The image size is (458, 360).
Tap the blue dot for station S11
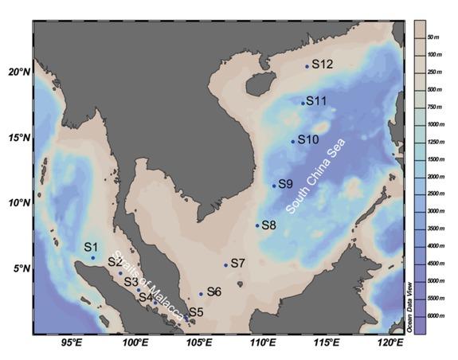[x=303, y=103]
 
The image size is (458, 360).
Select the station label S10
[x=308, y=139]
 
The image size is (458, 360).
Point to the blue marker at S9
[x=274, y=186]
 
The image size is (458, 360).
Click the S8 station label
[x=268, y=225]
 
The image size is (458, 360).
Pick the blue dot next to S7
[x=226, y=265]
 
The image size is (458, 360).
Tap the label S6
[x=213, y=292]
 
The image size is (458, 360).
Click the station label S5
[x=196, y=311]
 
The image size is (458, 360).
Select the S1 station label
[x=90, y=247]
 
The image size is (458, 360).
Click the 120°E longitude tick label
[x=389, y=342]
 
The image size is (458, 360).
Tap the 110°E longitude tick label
[x=262, y=342]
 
